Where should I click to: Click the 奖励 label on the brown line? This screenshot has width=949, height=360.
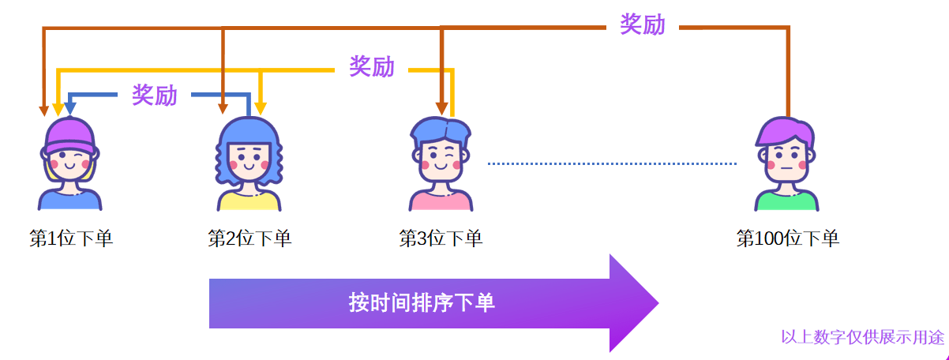coord(642,25)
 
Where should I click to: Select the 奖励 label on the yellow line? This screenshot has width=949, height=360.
coord(371,67)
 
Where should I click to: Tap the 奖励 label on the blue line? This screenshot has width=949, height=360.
coord(155,96)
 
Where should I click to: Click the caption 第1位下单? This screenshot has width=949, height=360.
coord(71,238)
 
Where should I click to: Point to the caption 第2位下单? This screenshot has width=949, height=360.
coord(249,238)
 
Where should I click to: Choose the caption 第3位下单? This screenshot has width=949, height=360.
coord(441,238)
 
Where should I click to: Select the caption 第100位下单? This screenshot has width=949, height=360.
coord(787,238)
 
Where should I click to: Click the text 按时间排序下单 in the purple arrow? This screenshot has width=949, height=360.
coord(422,302)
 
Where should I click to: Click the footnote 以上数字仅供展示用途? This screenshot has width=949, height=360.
coord(862,337)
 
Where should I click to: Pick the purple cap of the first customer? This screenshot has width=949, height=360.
coord(69,134)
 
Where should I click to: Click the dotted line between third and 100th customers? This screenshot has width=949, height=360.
coord(612,163)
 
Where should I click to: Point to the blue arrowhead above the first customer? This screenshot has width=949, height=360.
coord(70,108)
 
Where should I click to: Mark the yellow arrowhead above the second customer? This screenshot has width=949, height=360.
coord(262,108)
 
